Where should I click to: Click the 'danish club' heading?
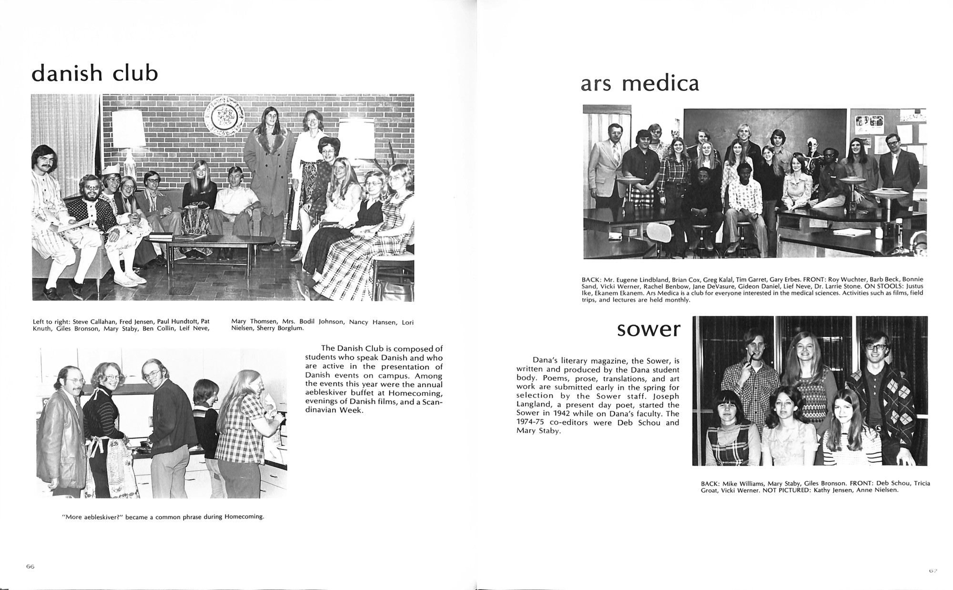[94, 73]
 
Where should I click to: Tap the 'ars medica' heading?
[640, 84]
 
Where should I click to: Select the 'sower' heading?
[649, 329]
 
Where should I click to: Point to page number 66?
[30, 566]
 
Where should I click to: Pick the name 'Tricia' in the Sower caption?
[920, 483]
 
